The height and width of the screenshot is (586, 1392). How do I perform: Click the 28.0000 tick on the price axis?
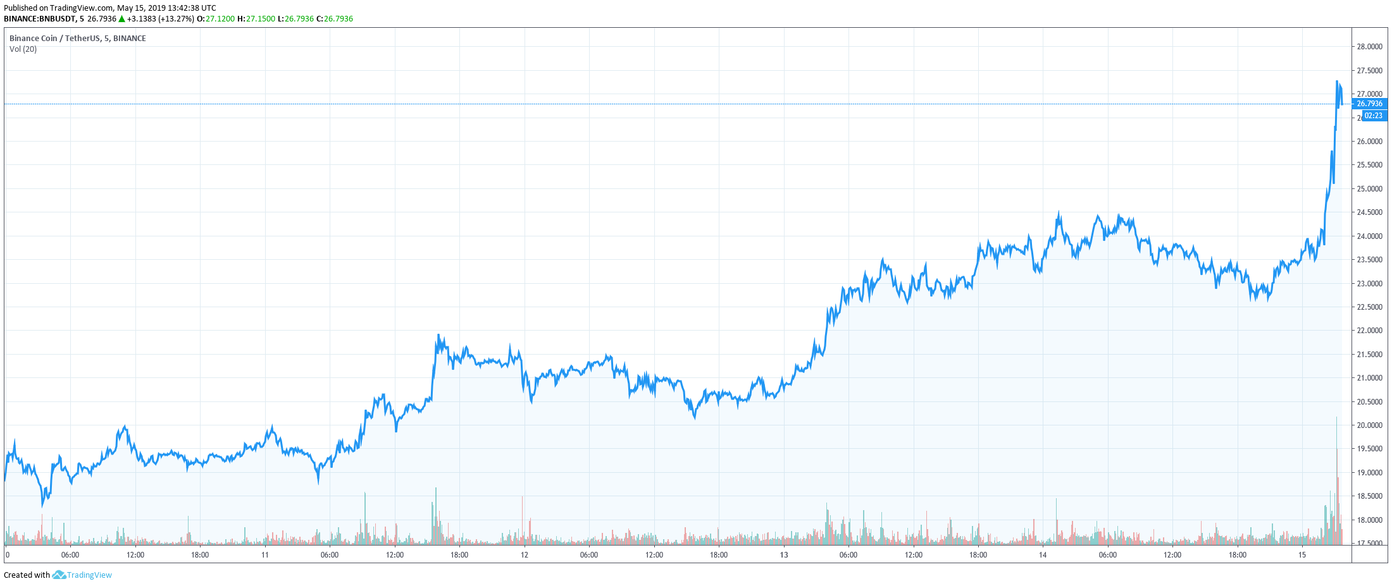(x=1369, y=47)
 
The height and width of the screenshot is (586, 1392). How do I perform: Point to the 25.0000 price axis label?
(x=1369, y=189)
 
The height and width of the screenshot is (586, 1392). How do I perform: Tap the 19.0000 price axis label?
(x=1369, y=473)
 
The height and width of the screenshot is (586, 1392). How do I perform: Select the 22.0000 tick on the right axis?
(x=1369, y=331)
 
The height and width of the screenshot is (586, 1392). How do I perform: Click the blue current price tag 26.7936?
(x=1369, y=104)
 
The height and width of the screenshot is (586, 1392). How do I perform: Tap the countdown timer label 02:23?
(x=1373, y=116)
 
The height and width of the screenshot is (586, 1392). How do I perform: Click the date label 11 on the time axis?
(x=265, y=555)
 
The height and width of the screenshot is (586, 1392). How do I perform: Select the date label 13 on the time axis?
(x=784, y=555)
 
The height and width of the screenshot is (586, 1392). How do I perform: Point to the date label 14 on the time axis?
(x=1043, y=555)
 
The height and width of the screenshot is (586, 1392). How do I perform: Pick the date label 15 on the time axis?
(x=1302, y=555)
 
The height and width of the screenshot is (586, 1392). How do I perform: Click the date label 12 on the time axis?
(x=525, y=555)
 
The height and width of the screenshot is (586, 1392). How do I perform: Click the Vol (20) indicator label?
(x=23, y=49)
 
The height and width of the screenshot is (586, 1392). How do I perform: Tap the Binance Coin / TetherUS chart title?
(x=77, y=39)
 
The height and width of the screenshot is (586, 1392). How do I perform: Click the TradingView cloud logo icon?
(x=59, y=575)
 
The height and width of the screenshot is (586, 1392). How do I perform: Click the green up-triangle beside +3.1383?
(x=121, y=19)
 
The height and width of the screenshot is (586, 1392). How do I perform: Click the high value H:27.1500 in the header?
(x=256, y=19)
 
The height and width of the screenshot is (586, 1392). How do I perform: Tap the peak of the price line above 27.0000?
(x=1337, y=82)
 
